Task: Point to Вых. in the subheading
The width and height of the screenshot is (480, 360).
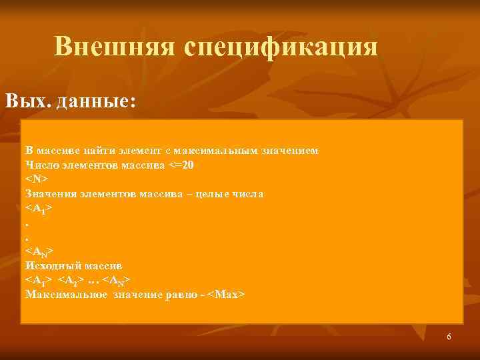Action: point(29,101)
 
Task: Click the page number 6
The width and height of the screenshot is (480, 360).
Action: point(449,337)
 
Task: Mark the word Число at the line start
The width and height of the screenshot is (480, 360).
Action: point(41,164)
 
